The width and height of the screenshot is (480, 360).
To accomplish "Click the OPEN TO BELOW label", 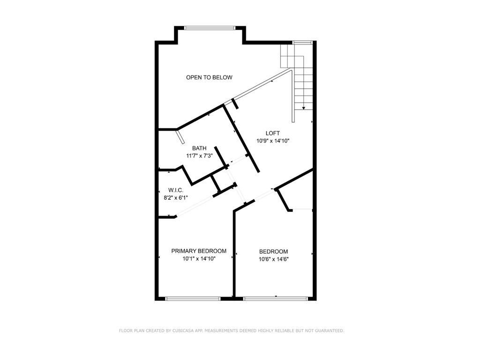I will click(x=209, y=77).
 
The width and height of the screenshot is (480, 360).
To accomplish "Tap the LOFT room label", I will click(x=272, y=133).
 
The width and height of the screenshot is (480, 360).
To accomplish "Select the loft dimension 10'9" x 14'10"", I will click(x=272, y=141).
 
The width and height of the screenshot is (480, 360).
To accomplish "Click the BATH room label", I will click(x=199, y=148).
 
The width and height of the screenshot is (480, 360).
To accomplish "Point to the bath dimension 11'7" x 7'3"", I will click(x=199, y=156).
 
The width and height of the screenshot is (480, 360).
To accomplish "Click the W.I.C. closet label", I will click(x=175, y=190).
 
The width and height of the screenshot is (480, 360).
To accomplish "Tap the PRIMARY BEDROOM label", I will click(x=199, y=251).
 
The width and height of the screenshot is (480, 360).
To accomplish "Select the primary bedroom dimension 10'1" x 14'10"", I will click(x=199, y=258).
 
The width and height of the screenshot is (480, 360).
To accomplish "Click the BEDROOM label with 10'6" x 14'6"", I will click(x=273, y=251).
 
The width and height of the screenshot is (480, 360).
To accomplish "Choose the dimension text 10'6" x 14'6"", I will click(x=273, y=259).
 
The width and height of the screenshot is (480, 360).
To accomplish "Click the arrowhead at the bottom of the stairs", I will click(x=304, y=108).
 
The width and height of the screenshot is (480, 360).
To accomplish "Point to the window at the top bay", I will click(x=209, y=28).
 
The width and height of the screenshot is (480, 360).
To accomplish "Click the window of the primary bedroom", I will click(x=193, y=298).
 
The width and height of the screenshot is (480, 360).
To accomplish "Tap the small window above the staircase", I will click(x=302, y=43).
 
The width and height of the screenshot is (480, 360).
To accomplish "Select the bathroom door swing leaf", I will click(x=180, y=137).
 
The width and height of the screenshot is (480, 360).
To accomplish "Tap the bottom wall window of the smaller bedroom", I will click(x=276, y=298).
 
